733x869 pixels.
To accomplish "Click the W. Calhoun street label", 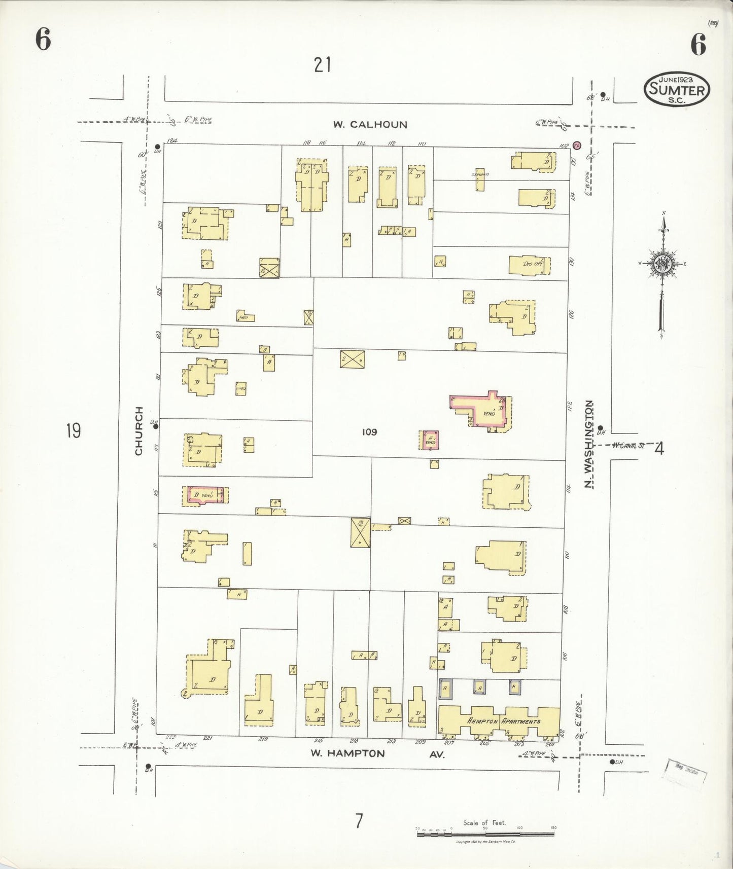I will click(370, 124).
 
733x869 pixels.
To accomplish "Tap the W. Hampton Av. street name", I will click(377, 754).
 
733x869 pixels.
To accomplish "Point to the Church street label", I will click(139, 430).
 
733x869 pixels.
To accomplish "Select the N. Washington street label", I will click(588, 444).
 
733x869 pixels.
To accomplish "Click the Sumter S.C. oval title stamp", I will click(677, 89).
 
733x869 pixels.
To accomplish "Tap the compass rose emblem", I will click(662, 264).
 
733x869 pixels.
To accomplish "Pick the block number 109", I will click(369, 432).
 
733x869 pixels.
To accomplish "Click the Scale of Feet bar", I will click(485, 832).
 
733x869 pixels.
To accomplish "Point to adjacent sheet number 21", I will click(323, 65).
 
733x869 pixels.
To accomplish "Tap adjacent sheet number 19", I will click(73, 431).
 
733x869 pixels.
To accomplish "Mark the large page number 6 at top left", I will click(43, 40).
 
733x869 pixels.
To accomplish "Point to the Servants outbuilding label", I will click(480, 174).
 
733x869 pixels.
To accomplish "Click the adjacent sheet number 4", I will click(659, 448).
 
